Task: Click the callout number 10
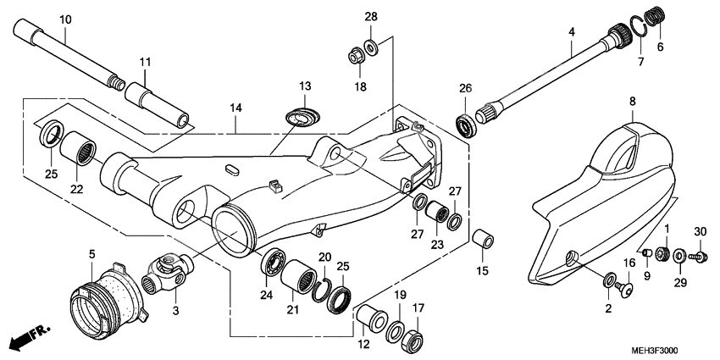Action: pos(66,19)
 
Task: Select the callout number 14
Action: pos(235,108)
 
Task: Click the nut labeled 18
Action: pos(356,58)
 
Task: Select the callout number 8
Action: pos(631,102)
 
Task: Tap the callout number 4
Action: pos(572,31)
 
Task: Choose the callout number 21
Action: pos(293,310)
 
